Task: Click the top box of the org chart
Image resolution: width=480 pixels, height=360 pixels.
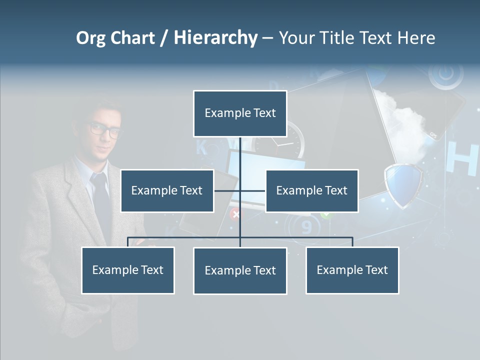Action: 240,113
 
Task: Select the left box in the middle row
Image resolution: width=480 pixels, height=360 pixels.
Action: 167,190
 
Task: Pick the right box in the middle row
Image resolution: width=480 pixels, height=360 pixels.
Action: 311,190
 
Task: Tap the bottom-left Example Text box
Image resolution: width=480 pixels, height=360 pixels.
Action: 128,270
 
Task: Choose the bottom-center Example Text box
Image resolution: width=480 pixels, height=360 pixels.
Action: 240,270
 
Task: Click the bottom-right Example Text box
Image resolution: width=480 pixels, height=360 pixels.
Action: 352,270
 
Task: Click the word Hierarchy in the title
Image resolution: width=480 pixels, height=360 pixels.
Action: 215,37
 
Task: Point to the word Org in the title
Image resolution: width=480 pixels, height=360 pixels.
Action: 90,38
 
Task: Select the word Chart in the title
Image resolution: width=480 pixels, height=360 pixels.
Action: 133,38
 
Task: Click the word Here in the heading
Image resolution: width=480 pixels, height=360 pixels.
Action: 416,38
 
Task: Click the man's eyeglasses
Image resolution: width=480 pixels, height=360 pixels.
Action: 105,130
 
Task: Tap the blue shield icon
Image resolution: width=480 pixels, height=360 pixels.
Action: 403,185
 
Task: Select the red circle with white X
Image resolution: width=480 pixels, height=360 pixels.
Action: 235,214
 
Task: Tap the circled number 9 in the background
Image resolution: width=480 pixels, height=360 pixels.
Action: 306,228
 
